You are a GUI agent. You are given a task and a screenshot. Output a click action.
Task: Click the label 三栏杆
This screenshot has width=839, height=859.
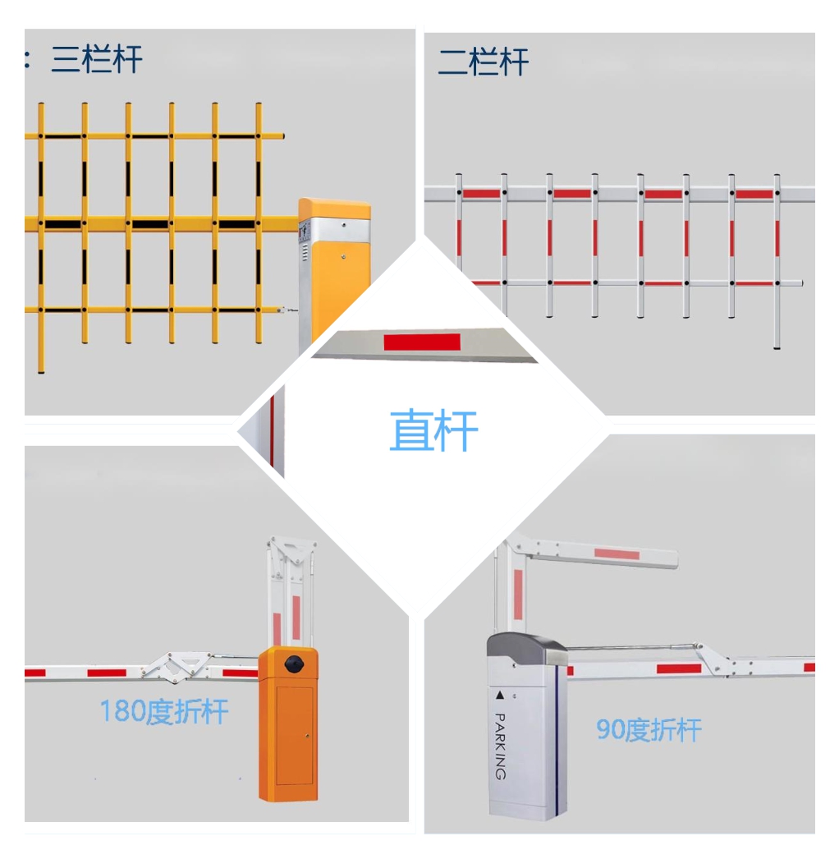point(96,58)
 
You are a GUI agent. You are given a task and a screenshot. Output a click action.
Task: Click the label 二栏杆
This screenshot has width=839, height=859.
point(483,62)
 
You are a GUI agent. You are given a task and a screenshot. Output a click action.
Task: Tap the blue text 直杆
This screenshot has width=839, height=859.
point(433,430)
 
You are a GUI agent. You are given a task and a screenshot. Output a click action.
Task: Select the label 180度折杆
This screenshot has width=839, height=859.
point(163,711)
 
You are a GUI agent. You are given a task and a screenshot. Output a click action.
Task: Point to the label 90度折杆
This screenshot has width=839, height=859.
point(649,730)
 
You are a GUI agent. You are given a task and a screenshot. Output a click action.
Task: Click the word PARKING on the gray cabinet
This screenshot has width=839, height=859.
point(501,746)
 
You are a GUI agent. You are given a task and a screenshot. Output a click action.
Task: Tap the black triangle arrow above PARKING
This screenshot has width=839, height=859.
point(499,696)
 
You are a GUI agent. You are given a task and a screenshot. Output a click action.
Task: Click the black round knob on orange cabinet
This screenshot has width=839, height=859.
point(294,664)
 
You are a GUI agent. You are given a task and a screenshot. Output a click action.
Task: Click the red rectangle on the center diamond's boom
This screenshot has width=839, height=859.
point(422,342)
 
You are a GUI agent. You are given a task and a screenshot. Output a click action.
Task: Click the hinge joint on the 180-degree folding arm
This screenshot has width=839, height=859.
point(177,667)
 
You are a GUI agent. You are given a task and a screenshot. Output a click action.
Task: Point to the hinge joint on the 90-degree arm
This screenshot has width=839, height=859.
point(713,659)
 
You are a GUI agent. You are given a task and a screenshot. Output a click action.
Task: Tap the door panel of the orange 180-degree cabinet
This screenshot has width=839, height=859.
point(295,735)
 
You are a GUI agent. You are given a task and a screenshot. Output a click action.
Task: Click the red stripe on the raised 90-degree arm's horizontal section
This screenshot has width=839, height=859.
point(617,554)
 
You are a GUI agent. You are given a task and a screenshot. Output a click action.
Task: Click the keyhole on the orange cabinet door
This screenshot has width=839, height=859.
point(307,736)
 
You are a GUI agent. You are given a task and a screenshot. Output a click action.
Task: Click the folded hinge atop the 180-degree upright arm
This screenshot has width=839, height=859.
point(291,550)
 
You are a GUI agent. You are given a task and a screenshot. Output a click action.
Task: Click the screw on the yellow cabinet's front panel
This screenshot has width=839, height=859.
point(343,257)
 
